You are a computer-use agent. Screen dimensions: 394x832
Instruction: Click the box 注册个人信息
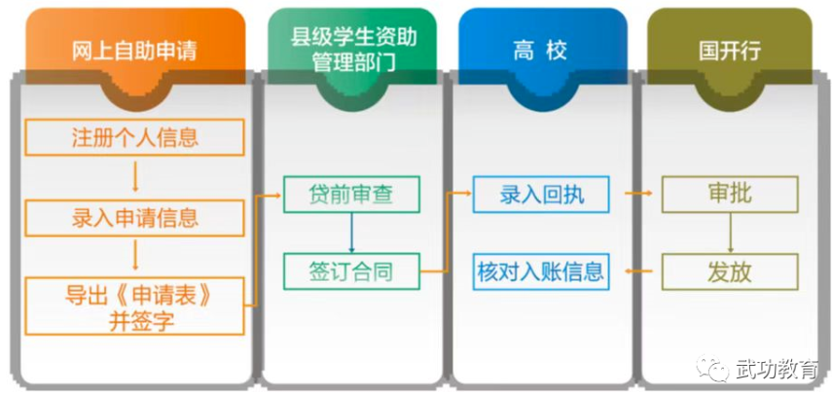(x=134, y=137)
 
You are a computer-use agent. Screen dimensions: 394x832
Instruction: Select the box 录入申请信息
(x=134, y=216)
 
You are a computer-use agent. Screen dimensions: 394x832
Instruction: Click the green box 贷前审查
(x=352, y=194)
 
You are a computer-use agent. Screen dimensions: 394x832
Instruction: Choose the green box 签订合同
(x=352, y=269)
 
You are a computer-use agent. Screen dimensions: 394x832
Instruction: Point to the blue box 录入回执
(x=541, y=194)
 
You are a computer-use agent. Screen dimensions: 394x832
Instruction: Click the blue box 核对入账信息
(x=541, y=269)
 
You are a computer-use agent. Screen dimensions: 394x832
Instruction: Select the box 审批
(x=730, y=194)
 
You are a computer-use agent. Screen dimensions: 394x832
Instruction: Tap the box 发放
(x=730, y=269)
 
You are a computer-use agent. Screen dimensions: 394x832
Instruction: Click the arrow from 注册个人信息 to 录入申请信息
(x=134, y=176)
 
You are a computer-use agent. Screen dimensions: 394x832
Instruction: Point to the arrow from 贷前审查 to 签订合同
(x=352, y=232)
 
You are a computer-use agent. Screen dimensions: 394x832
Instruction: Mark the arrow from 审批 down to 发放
(x=730, y=232)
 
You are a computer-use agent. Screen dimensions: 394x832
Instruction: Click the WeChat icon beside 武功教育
(x=718, y=370)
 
